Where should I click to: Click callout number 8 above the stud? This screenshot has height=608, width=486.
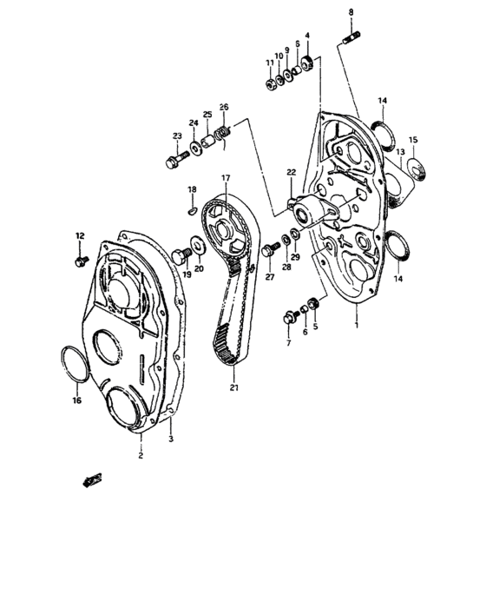(x=351, y=11)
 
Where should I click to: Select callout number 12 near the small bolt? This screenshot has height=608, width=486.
(x=80, y=236)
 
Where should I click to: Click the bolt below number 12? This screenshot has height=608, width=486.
(x=81, y=259)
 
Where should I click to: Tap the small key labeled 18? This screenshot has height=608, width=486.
(x=192, y=208)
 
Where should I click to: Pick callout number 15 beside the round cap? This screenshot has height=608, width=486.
(x=413, y=139)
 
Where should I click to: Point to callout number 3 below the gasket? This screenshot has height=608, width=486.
(x=171, y=440)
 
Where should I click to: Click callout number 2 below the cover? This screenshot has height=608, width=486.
(x=141, y=453)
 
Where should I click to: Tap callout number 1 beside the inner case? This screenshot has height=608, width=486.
(x=355, y=322)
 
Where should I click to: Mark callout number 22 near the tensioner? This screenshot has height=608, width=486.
(x=292, y=172)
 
